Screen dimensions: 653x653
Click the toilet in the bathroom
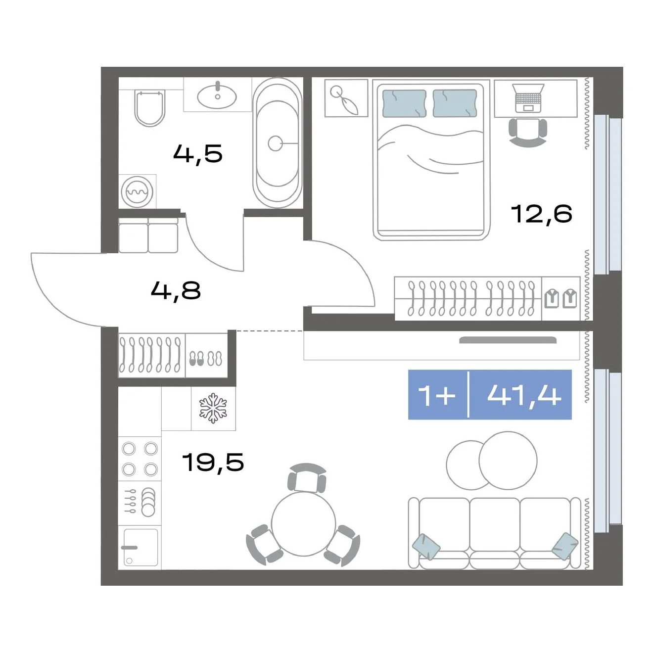coord(149,108)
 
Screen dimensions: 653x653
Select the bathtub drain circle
coord(275,143)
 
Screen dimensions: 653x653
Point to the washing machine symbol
coord(137,192)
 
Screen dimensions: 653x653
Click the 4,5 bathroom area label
coord(198,153)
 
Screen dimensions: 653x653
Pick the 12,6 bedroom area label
coord(541,214)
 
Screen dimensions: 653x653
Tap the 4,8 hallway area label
coord(176,291)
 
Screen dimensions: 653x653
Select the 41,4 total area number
coord(524,395)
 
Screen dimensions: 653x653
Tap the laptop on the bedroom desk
coord(528,98)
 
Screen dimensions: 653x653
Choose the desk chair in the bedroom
coord(528,133)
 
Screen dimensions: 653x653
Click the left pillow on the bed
coord(404,103)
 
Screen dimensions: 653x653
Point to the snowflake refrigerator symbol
coord(213,408)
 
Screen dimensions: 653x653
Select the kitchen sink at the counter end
coord(140,548)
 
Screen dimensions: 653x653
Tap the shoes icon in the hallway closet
coord(205,358)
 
